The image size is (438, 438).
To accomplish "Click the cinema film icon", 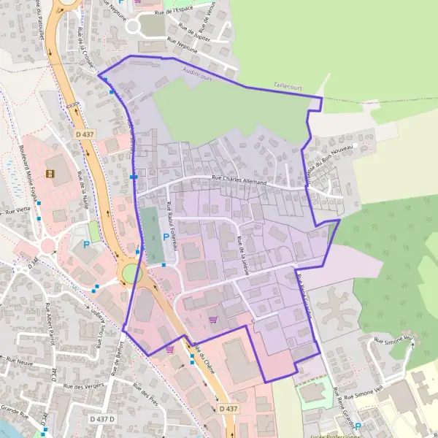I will tap(50, 174).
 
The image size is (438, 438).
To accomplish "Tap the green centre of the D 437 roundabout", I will tap(130, 275).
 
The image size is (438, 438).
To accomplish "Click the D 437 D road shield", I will tap(102, 419).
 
